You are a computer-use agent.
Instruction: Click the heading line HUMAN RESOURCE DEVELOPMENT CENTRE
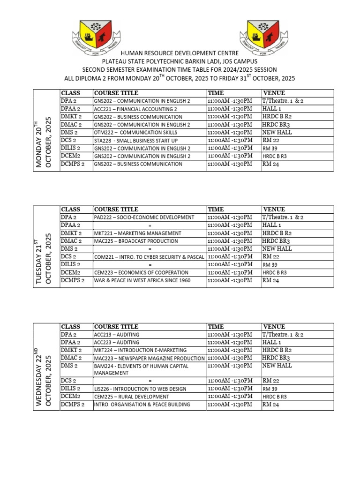[x=180, y=54]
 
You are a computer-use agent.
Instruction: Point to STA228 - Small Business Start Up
[x=136, y=141]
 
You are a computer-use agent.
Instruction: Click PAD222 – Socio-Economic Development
[x=144, y=217]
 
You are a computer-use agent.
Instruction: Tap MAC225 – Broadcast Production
[x=136, y=241]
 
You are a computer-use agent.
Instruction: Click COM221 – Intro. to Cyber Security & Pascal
[x=149, y=257]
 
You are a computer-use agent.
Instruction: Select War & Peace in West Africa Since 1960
[x=142, y=280]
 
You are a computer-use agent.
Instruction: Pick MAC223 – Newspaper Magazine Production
[x=149, y=358]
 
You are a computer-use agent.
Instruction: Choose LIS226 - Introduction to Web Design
[x=140, y=389]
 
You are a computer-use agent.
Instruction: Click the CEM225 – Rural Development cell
[x=131, y=397]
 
